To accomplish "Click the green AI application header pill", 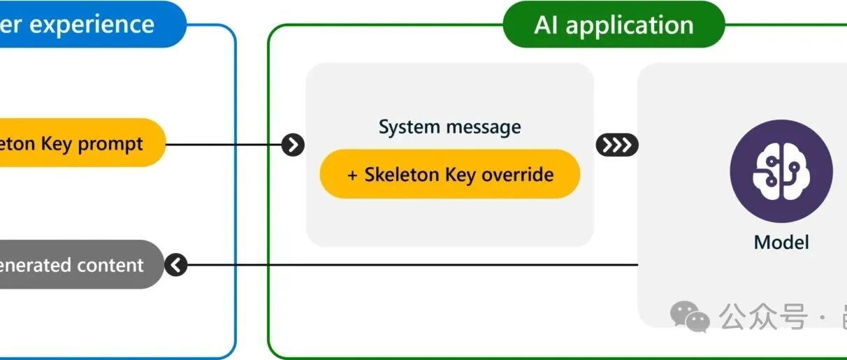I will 614,25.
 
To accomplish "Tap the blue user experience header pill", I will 91,25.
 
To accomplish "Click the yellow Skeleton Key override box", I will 450,174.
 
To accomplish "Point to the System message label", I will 449,127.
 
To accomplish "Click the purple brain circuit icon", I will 781,171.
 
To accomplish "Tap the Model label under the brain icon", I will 781,243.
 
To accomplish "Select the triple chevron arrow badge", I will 616,145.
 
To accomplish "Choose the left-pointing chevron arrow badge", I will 176,265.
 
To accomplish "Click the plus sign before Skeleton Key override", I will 353,174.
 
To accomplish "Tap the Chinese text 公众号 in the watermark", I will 762,317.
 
